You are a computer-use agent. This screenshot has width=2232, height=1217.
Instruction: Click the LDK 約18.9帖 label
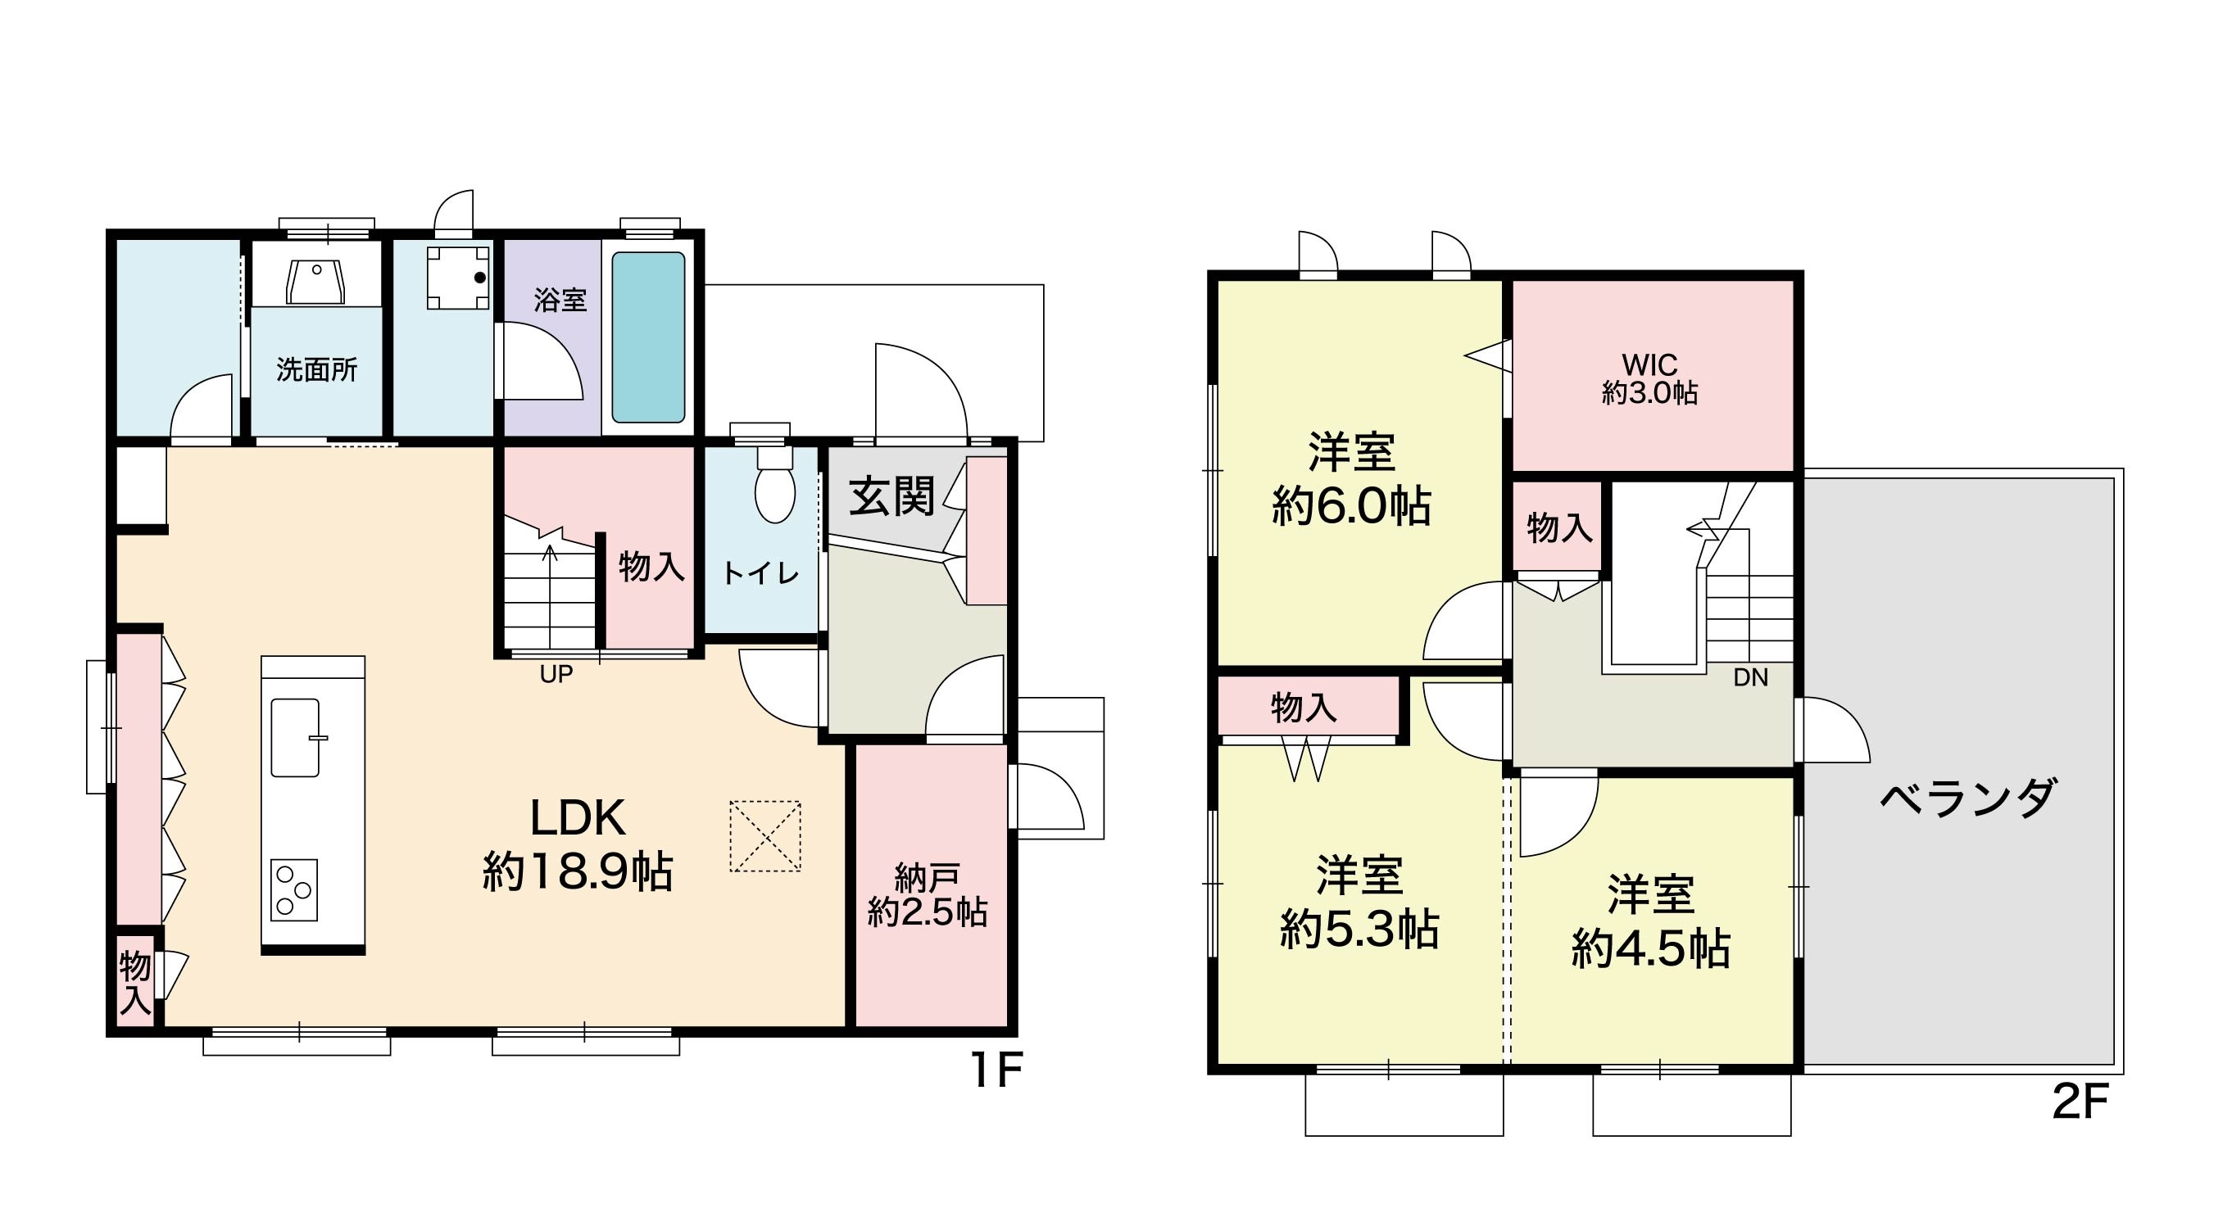pos(577,844)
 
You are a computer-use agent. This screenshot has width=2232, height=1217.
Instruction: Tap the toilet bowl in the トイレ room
pos(774,485)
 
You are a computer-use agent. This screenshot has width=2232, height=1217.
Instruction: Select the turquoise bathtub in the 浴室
pos(648,337)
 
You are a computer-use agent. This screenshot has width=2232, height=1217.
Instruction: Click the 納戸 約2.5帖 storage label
pos(927,896)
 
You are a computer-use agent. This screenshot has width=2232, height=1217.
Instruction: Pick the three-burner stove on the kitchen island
pos(293,889)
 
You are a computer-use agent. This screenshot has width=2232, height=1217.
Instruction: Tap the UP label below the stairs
pos(556,674)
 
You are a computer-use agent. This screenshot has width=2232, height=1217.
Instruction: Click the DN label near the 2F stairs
pos(1750,677)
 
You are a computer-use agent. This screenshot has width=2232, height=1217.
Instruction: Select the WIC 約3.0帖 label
pos(1649,378)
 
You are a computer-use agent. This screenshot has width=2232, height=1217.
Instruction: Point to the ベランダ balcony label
pos(1967,798)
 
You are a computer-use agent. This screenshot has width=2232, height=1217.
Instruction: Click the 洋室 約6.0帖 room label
pos(1351,479)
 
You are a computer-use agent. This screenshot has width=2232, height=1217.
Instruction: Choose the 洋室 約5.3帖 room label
pos(1359,903)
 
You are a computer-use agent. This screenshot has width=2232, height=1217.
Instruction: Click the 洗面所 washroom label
pos(316,370)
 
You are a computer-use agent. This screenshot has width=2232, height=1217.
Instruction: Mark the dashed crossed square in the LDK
pos(764,836)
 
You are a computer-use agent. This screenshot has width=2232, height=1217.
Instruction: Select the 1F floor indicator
pos(996,1070)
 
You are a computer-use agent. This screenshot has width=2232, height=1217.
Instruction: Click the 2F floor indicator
pos(2080,1102)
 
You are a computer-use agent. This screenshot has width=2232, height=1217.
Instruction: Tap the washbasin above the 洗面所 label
pos(316,282)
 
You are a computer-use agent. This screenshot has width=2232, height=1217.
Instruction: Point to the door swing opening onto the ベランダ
pos(1835,731)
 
